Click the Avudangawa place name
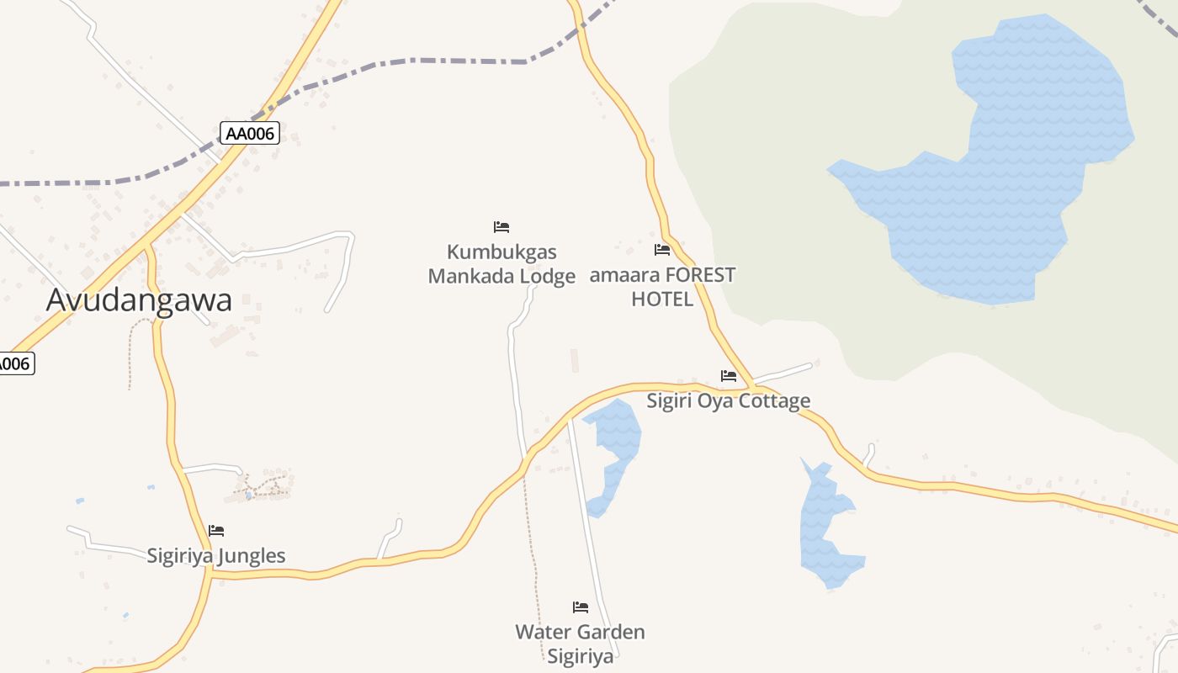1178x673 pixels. pyautogui.click(x=139, y=299)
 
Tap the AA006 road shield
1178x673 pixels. pyautogui.click(x=250, y=133)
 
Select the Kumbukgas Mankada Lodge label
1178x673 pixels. pyautogui.click(x=501, y=263)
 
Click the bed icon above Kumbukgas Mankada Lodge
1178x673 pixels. pyautogui.click(x=501, y=227)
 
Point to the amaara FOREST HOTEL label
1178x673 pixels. pyautogui.click(x=662, y=286)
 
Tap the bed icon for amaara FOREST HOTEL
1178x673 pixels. pyautogui.click(x=662, y=250)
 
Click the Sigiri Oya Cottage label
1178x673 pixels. pyautogui.click(x=728, y=400)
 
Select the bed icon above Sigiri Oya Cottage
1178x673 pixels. pyautogui.click(x=729, y=375)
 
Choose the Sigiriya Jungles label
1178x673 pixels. pyautogui.click(x=216, y=555)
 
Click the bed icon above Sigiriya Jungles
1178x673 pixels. pyautogui.click(x=216, y=531)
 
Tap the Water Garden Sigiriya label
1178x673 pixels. pyautogui.click(x=580, y=644)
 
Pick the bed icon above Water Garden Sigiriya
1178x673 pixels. pyautogui.click(x=581, y=607)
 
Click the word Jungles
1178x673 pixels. pyautogui.click(x=252, y=555)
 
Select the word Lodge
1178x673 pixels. pyautogui.click(x=547, y=276)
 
